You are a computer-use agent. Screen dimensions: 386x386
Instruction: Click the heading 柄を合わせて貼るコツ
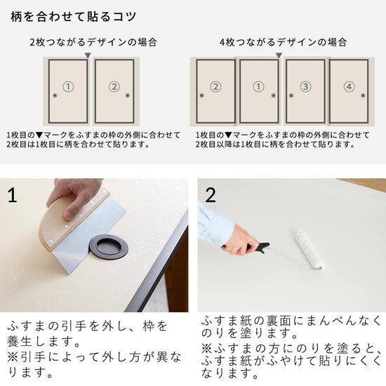tap(74, 17)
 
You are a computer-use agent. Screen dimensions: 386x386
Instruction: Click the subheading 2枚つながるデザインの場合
tap(93, 42)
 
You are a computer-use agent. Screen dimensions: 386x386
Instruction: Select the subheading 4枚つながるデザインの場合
tap(283, 42)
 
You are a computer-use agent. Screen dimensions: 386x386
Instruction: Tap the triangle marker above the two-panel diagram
tap(88, 55)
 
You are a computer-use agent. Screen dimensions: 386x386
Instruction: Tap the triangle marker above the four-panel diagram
tap(279, 55)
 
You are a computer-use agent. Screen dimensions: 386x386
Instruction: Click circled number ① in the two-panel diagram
tap(68, 86)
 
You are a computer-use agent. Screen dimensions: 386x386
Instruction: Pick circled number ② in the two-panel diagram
tap(114, 86)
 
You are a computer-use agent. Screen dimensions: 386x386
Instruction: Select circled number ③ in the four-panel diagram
tap(305, 86)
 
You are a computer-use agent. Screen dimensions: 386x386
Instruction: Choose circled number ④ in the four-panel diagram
tap(349, 86)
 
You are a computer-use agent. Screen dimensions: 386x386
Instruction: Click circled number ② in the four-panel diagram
tap(215, 86)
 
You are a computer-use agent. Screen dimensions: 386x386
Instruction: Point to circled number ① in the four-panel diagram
tap(258, 86)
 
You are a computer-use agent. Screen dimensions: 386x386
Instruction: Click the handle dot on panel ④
tap(363, 95)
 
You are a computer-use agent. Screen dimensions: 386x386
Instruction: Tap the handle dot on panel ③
tap(291, 95)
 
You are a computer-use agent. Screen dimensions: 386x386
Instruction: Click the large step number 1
tap(13, 195)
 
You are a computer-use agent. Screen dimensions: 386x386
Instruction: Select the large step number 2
tap(211, 195)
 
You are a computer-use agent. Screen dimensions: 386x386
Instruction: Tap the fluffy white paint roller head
tap(310, 248)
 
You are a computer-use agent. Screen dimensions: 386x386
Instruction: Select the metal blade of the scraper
tap(86, 237)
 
